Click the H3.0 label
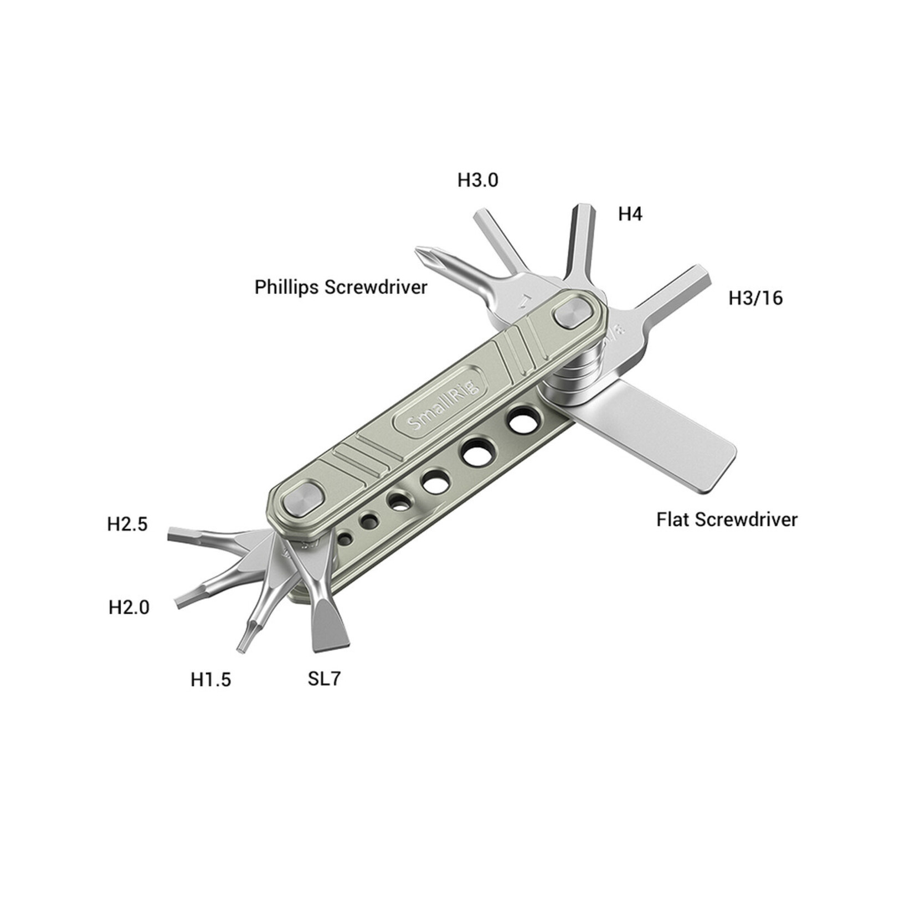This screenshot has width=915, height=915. pos(477,180)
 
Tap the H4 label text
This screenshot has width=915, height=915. pos(630,214)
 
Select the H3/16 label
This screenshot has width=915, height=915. pos(755,299)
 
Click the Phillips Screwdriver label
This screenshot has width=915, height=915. pos(341,287)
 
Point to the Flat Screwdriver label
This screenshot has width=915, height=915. pos(727,520)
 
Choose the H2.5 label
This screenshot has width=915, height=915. pos(127,524)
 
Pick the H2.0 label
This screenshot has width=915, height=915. pos(128,608)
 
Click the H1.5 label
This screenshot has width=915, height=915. pos(210,680)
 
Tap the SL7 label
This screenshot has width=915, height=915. pos(324,678)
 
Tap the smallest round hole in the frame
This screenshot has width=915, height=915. pos(345,538)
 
